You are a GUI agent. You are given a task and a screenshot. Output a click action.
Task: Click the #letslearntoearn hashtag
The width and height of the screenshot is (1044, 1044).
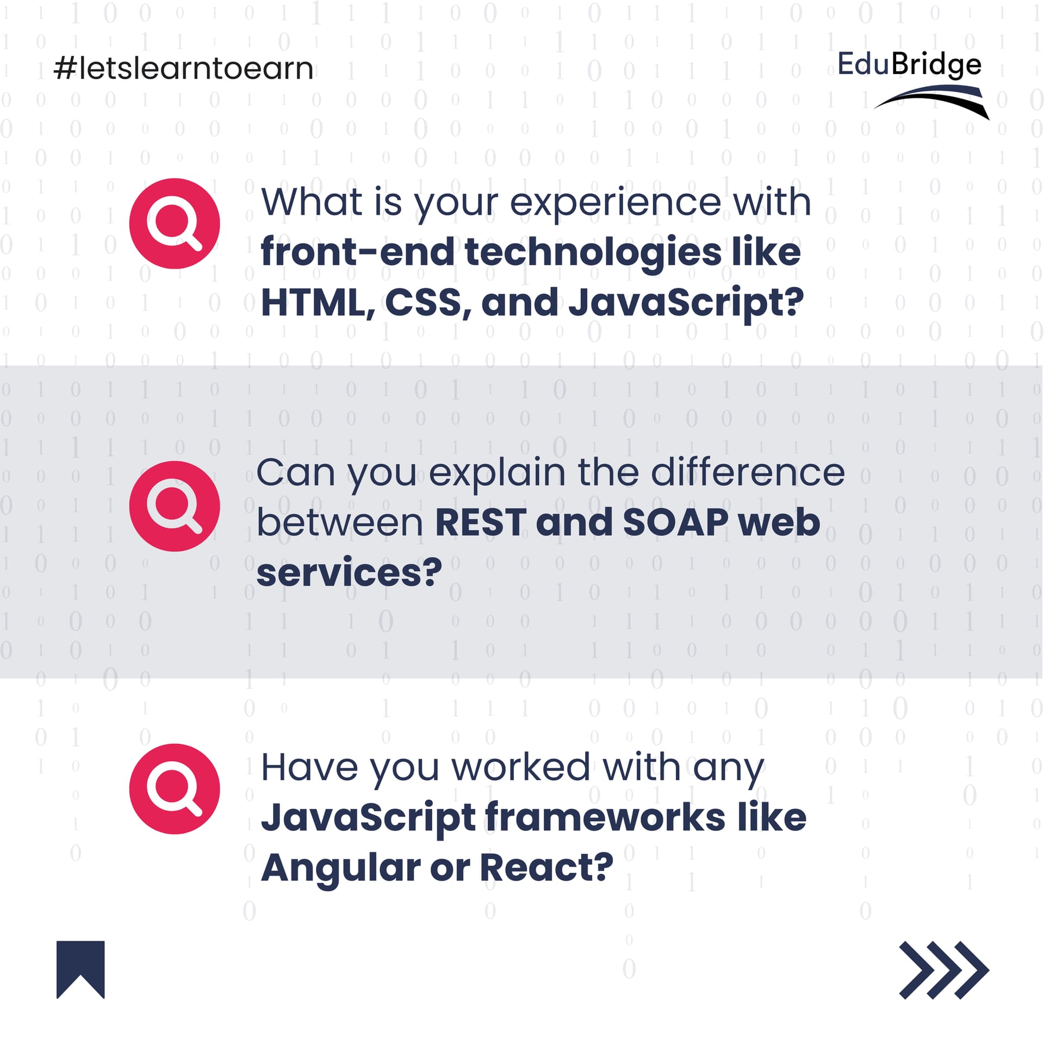point(184,69)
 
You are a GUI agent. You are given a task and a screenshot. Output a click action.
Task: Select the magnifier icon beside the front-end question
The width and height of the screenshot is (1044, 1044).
point(175,223)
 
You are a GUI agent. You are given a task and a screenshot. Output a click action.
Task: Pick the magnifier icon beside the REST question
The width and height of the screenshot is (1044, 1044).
point(175,506)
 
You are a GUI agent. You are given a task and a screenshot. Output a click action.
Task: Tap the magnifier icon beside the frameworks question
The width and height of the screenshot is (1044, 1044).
point(175,789)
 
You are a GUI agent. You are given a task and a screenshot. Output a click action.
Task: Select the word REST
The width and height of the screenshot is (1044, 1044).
point(481,523)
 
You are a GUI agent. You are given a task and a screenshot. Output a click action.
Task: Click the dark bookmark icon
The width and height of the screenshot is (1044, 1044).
point(80,970)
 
